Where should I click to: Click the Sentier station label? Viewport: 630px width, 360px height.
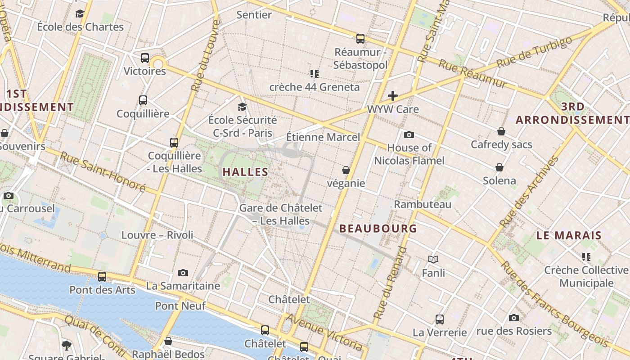(254, 15)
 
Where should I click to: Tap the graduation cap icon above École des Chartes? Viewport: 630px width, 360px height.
(80, 13)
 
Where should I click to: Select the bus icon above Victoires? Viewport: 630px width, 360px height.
(145, 58)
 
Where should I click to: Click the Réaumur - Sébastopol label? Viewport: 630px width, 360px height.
(360, 58)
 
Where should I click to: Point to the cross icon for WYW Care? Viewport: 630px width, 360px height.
(393, 96)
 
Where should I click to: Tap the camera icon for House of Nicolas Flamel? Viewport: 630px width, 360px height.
(409, 135)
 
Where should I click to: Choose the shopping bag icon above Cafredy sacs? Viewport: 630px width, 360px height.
(501, 131)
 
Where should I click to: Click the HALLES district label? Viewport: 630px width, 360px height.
(246, 172)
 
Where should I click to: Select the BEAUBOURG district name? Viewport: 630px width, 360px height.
(378, 229)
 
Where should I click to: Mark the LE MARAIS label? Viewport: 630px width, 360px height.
(569, 235)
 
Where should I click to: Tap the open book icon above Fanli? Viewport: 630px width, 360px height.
(433, 260)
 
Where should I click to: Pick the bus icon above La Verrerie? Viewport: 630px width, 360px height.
(440, 319)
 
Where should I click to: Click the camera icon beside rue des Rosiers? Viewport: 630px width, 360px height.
(514, 318)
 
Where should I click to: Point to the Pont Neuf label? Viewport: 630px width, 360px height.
(180, 306)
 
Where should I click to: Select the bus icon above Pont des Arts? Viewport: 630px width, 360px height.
(102, 277)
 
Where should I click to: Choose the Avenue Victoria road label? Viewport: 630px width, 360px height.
(324, 332)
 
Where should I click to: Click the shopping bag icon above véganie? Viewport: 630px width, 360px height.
(346, 170)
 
